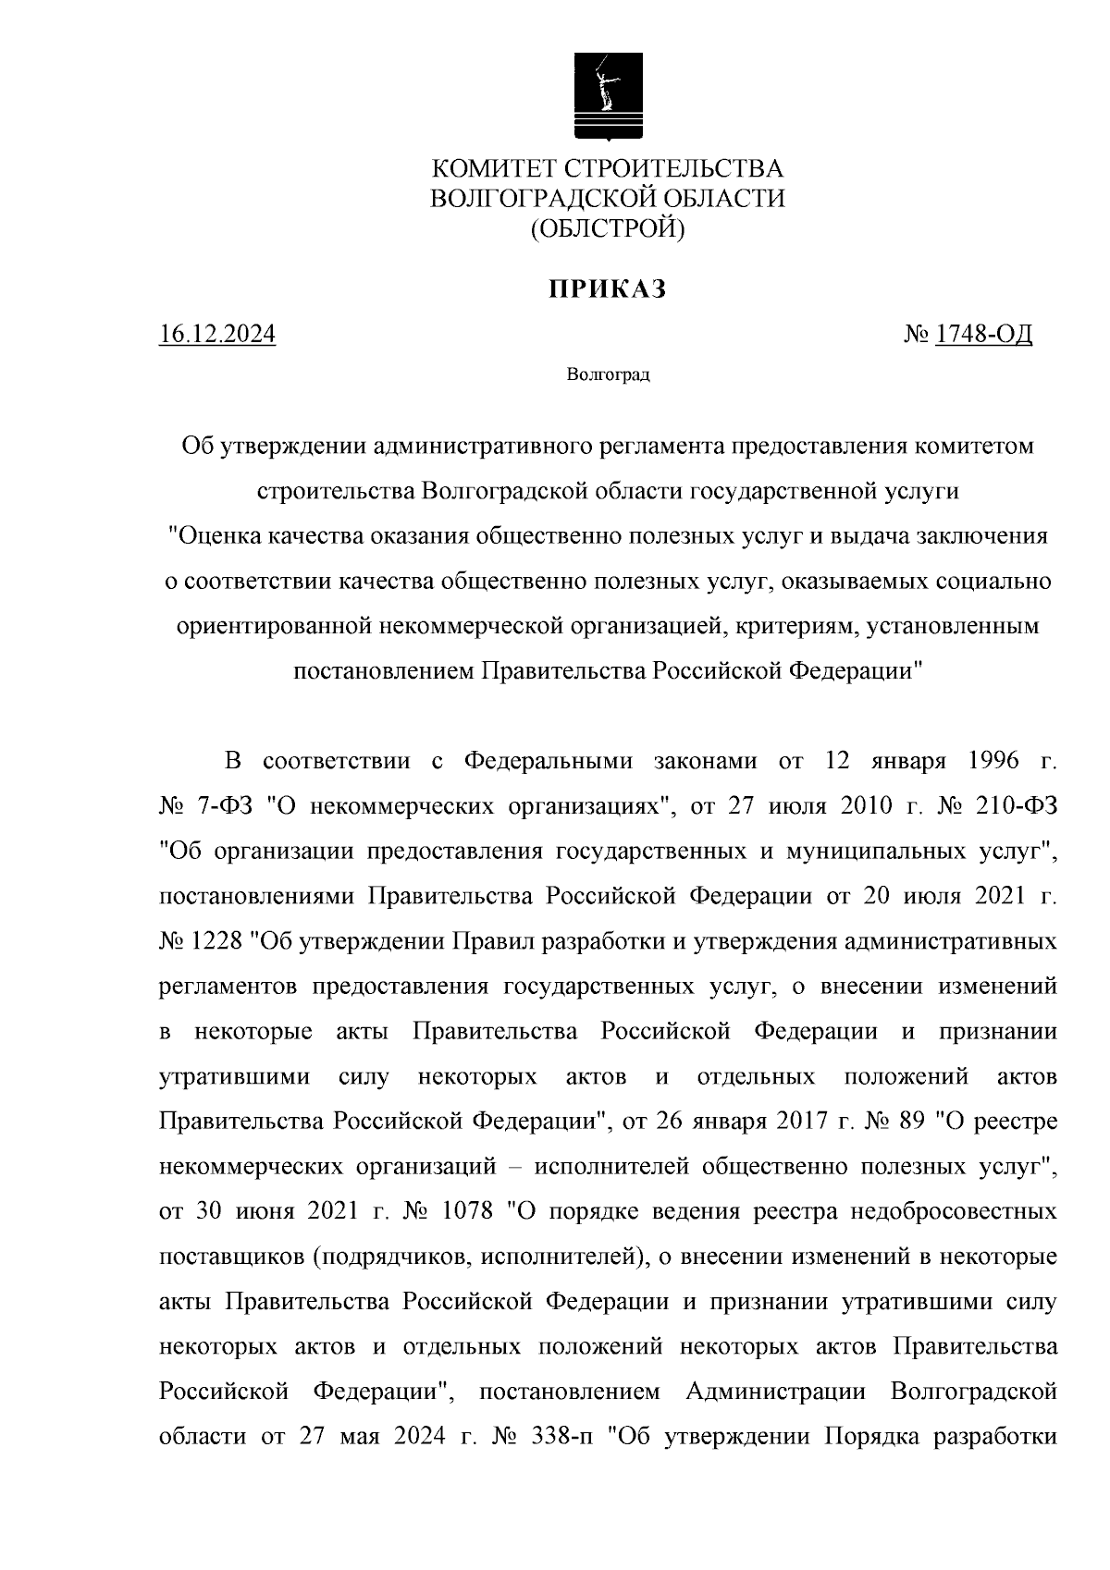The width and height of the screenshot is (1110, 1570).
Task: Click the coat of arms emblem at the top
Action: pyautogui.click(x=608, y=95)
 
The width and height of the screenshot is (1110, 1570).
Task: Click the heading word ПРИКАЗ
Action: pyautogui.click(x=607, y=290)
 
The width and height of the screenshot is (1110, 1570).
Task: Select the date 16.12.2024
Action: pyautogui.click(x=217, y=334)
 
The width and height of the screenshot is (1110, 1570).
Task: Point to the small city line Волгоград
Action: pyautogui.click(x=608, y=375)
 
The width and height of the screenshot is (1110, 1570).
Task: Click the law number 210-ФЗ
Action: pyautogui.click(x=1016, y=805)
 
